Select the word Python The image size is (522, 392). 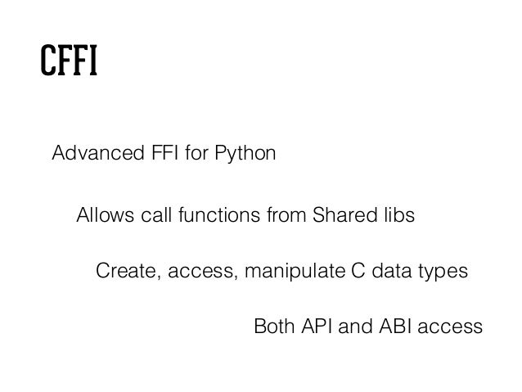250,153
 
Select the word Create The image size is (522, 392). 124,271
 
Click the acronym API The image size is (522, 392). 315,327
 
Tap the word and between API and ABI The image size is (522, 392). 354,327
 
